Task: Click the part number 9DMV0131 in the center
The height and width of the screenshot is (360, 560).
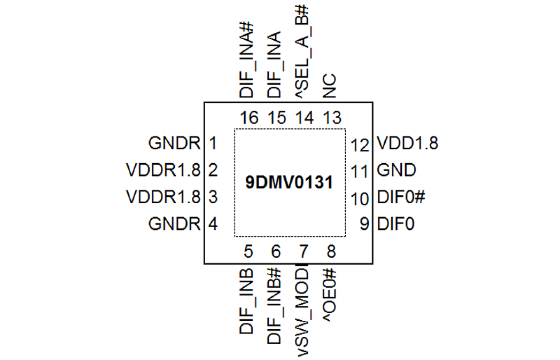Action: (289, 183)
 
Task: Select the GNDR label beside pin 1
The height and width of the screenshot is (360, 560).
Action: (175, 144)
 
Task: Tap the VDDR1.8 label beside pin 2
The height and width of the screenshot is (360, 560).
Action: (164, 170)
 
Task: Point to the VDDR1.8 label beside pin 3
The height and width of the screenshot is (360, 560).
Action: (164, 197)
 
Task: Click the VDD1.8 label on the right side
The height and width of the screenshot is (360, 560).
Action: (408, 144)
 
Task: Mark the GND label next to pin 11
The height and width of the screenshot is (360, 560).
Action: (396, 170)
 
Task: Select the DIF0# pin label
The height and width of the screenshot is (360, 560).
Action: (399, 197)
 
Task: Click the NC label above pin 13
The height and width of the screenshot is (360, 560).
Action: (330, 87)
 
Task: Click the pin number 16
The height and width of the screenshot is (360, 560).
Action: (248, 118)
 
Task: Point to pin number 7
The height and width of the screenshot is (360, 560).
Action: (304, 252)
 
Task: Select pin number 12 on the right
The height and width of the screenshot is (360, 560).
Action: (361, 145)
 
